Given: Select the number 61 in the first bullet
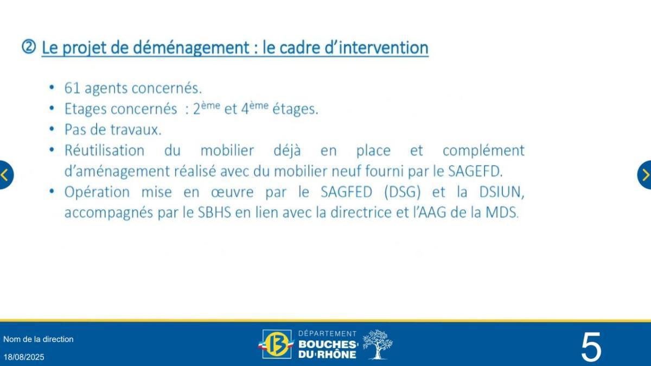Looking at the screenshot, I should (72, 88).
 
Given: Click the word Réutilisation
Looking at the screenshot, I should (104, 150).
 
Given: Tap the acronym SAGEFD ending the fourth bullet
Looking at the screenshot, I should (475, 171).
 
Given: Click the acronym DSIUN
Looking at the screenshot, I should (499, 192).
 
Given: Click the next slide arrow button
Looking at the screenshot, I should (645, 175).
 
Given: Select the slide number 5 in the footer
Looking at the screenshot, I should (591, 347).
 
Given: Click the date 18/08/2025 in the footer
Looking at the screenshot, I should (24, 357).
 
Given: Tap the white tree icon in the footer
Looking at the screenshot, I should (377, 344).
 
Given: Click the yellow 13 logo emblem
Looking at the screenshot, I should (277, 344).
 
